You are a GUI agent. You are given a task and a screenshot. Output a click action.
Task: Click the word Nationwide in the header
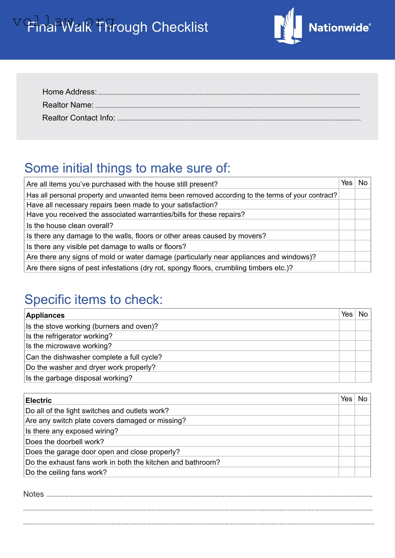(339, 28)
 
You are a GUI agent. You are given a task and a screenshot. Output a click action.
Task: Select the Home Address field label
(69, 92)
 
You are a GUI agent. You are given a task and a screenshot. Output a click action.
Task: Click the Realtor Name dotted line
(228, 107)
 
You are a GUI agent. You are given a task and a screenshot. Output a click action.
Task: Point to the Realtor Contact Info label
(79, 118)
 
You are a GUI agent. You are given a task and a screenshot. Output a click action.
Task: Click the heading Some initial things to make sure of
(127, 168)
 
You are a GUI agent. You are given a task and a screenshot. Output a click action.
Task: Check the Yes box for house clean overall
(347, 225)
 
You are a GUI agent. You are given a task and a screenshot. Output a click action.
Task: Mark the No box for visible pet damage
(363, 246)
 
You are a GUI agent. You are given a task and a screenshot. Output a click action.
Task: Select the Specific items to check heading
(93, 300)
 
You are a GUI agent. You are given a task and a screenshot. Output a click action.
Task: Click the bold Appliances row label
(45, 315)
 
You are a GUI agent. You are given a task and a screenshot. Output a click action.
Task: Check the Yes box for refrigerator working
(347, 336)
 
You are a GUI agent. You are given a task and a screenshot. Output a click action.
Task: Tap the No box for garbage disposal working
(363, 377)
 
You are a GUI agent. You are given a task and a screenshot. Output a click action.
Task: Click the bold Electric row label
(39, 400)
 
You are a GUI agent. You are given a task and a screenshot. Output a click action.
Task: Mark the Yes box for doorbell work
(346, 441)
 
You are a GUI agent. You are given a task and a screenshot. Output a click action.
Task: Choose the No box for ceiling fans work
(362, 472)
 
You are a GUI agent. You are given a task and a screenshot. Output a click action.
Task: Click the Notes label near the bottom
(34, 494)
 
